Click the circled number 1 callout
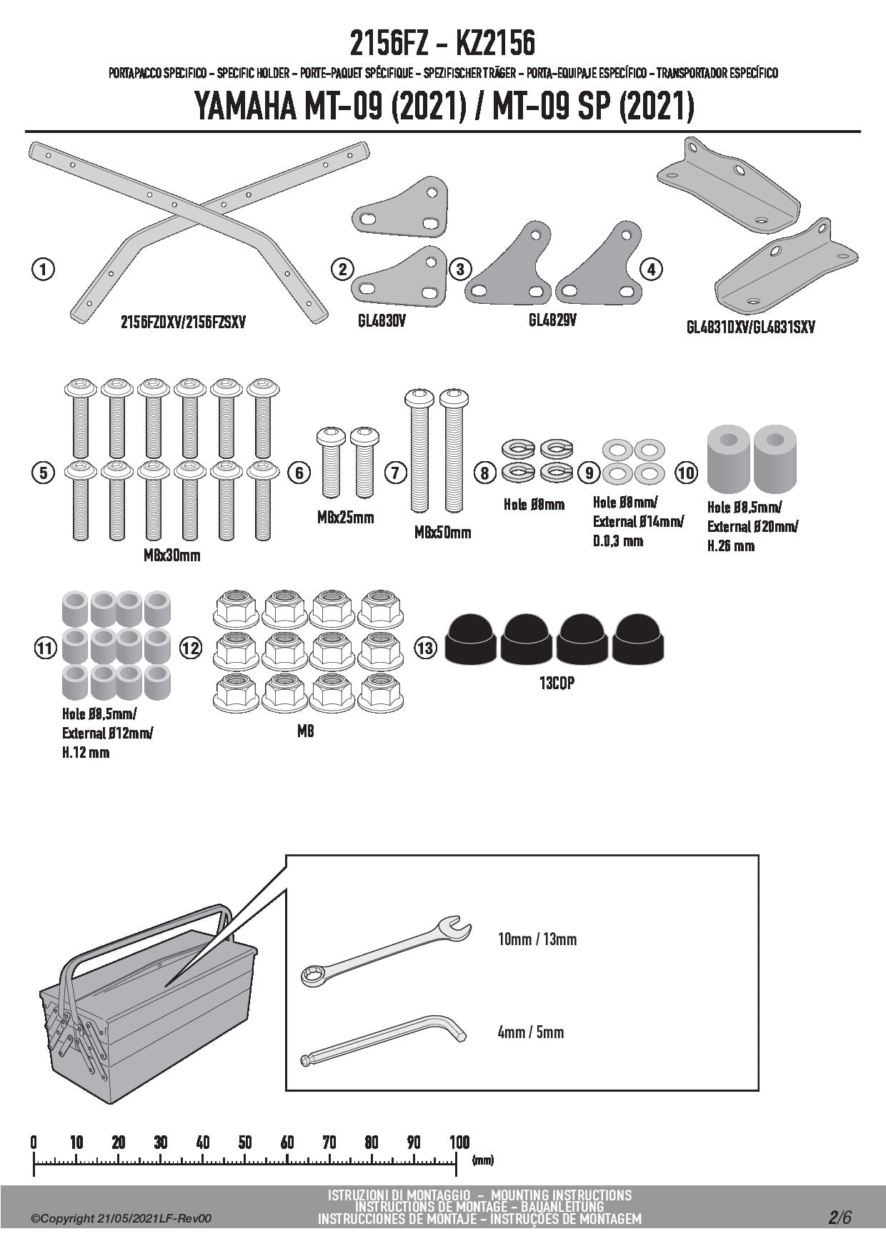coord(44,270)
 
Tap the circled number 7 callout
coord(395,473)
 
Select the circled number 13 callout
coord(425,648)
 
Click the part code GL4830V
coord(382,321)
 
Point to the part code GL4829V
coord(552,320)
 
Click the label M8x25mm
coord(345,517)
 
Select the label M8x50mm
coord(442,532)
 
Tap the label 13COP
coord(557,683)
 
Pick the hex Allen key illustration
coord(384,1041)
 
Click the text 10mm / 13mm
coord(537,939)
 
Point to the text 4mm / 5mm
coord(530,1032)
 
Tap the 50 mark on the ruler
coord(245,1142)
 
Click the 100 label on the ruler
coord(459,1142)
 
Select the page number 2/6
coord(840,1217)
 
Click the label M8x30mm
coord(171,555)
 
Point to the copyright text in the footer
coord(121,1218)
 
